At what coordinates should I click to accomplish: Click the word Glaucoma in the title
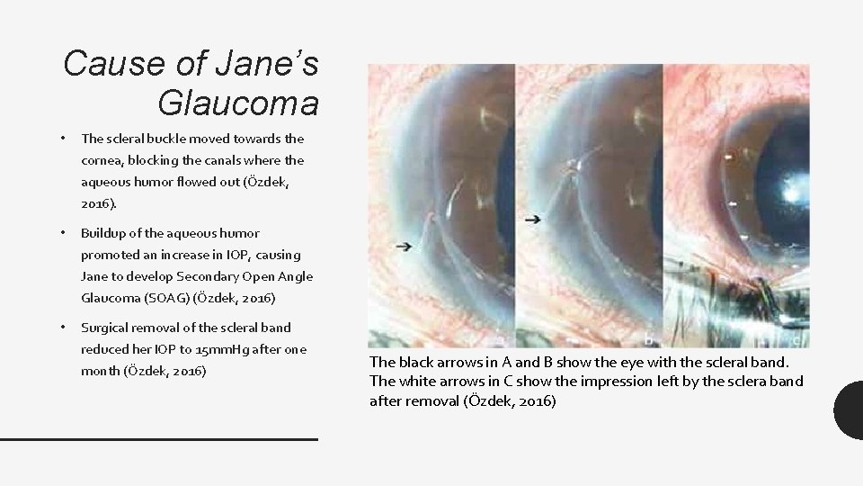coord(237,103)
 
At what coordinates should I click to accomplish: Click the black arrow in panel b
coord(532,218)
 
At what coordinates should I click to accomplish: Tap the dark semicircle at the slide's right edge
coord(850,409)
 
